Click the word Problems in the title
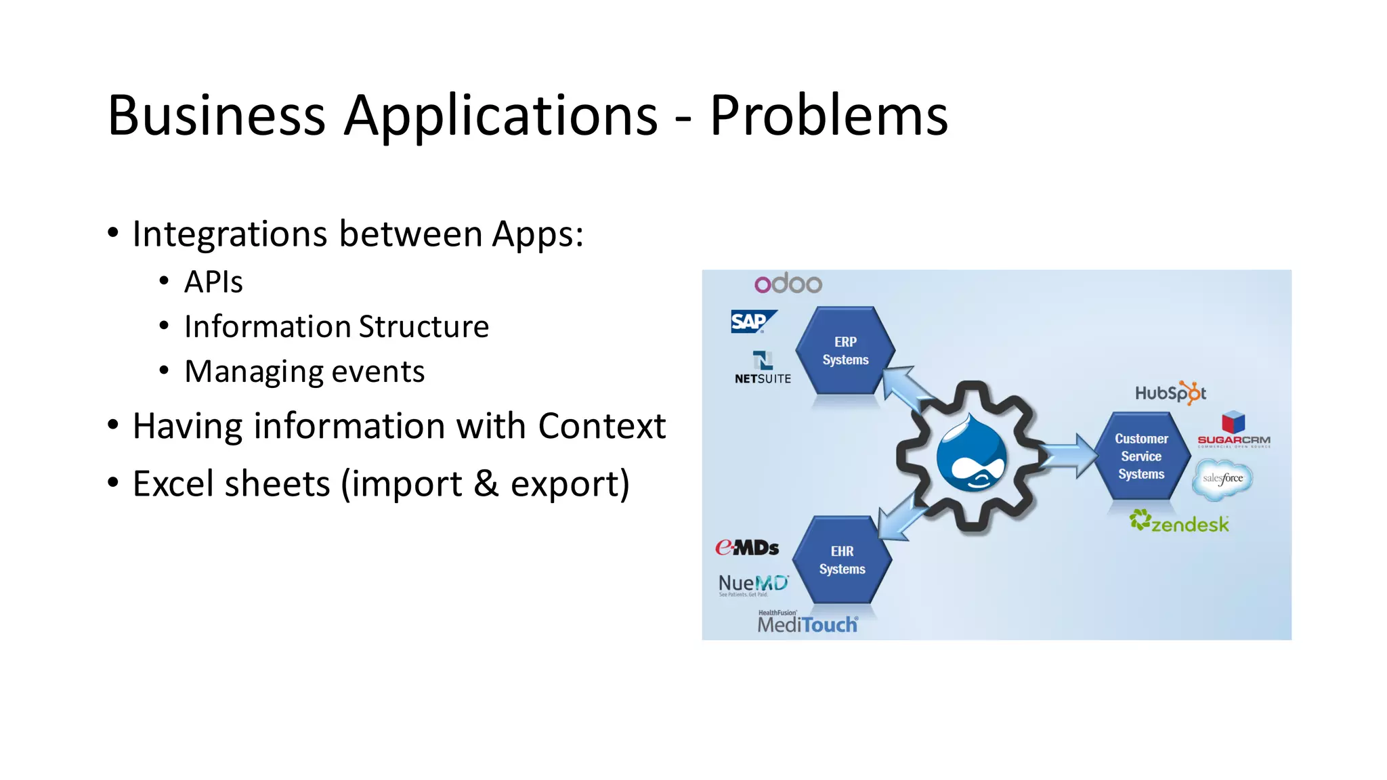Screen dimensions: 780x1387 click(828, 116)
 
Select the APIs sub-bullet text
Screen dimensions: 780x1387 click(213, 282)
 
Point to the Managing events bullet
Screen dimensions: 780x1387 click(304, 371)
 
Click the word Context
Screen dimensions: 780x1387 click(601, 426)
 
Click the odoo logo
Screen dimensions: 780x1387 click(788, 283)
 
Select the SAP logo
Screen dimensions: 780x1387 click(752, 321)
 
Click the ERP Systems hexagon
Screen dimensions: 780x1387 click(845, 351)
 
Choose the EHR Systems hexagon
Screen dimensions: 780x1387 click(842, 560)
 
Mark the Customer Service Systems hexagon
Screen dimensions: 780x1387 click(1141, 456)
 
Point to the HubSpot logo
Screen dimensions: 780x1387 click(1170, 393)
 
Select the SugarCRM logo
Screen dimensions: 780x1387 click(1233, 430)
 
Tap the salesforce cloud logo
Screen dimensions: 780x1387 click(1222, 478)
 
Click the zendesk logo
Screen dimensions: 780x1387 click(1179, 522)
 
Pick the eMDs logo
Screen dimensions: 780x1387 click(747, 547)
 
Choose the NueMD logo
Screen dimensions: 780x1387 click(753, 584)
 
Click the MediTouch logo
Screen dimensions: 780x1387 click(807, 623)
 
